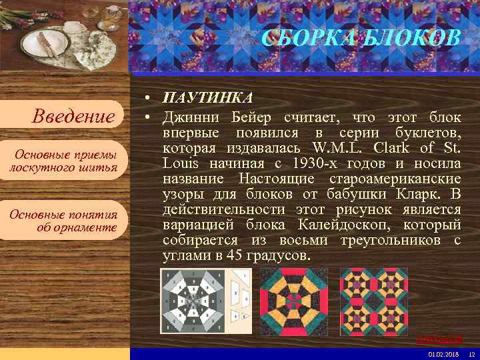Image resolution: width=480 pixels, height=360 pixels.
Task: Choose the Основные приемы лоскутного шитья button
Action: pyautogui.click(x=63, y=161)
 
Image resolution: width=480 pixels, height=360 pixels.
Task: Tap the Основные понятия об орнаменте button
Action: pyautogui.click(x=63, y=221)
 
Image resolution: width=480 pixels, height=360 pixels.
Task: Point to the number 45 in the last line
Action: pyautogui.click(x=236, y=256)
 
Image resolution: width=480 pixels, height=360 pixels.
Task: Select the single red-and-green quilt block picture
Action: pyautogui.click(x=293, y=301)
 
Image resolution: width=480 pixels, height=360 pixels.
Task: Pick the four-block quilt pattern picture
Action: pyautogui.click(x=374, y=301)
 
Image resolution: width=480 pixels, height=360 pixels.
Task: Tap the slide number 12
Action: pyautogui.click(x=471, y=353)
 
